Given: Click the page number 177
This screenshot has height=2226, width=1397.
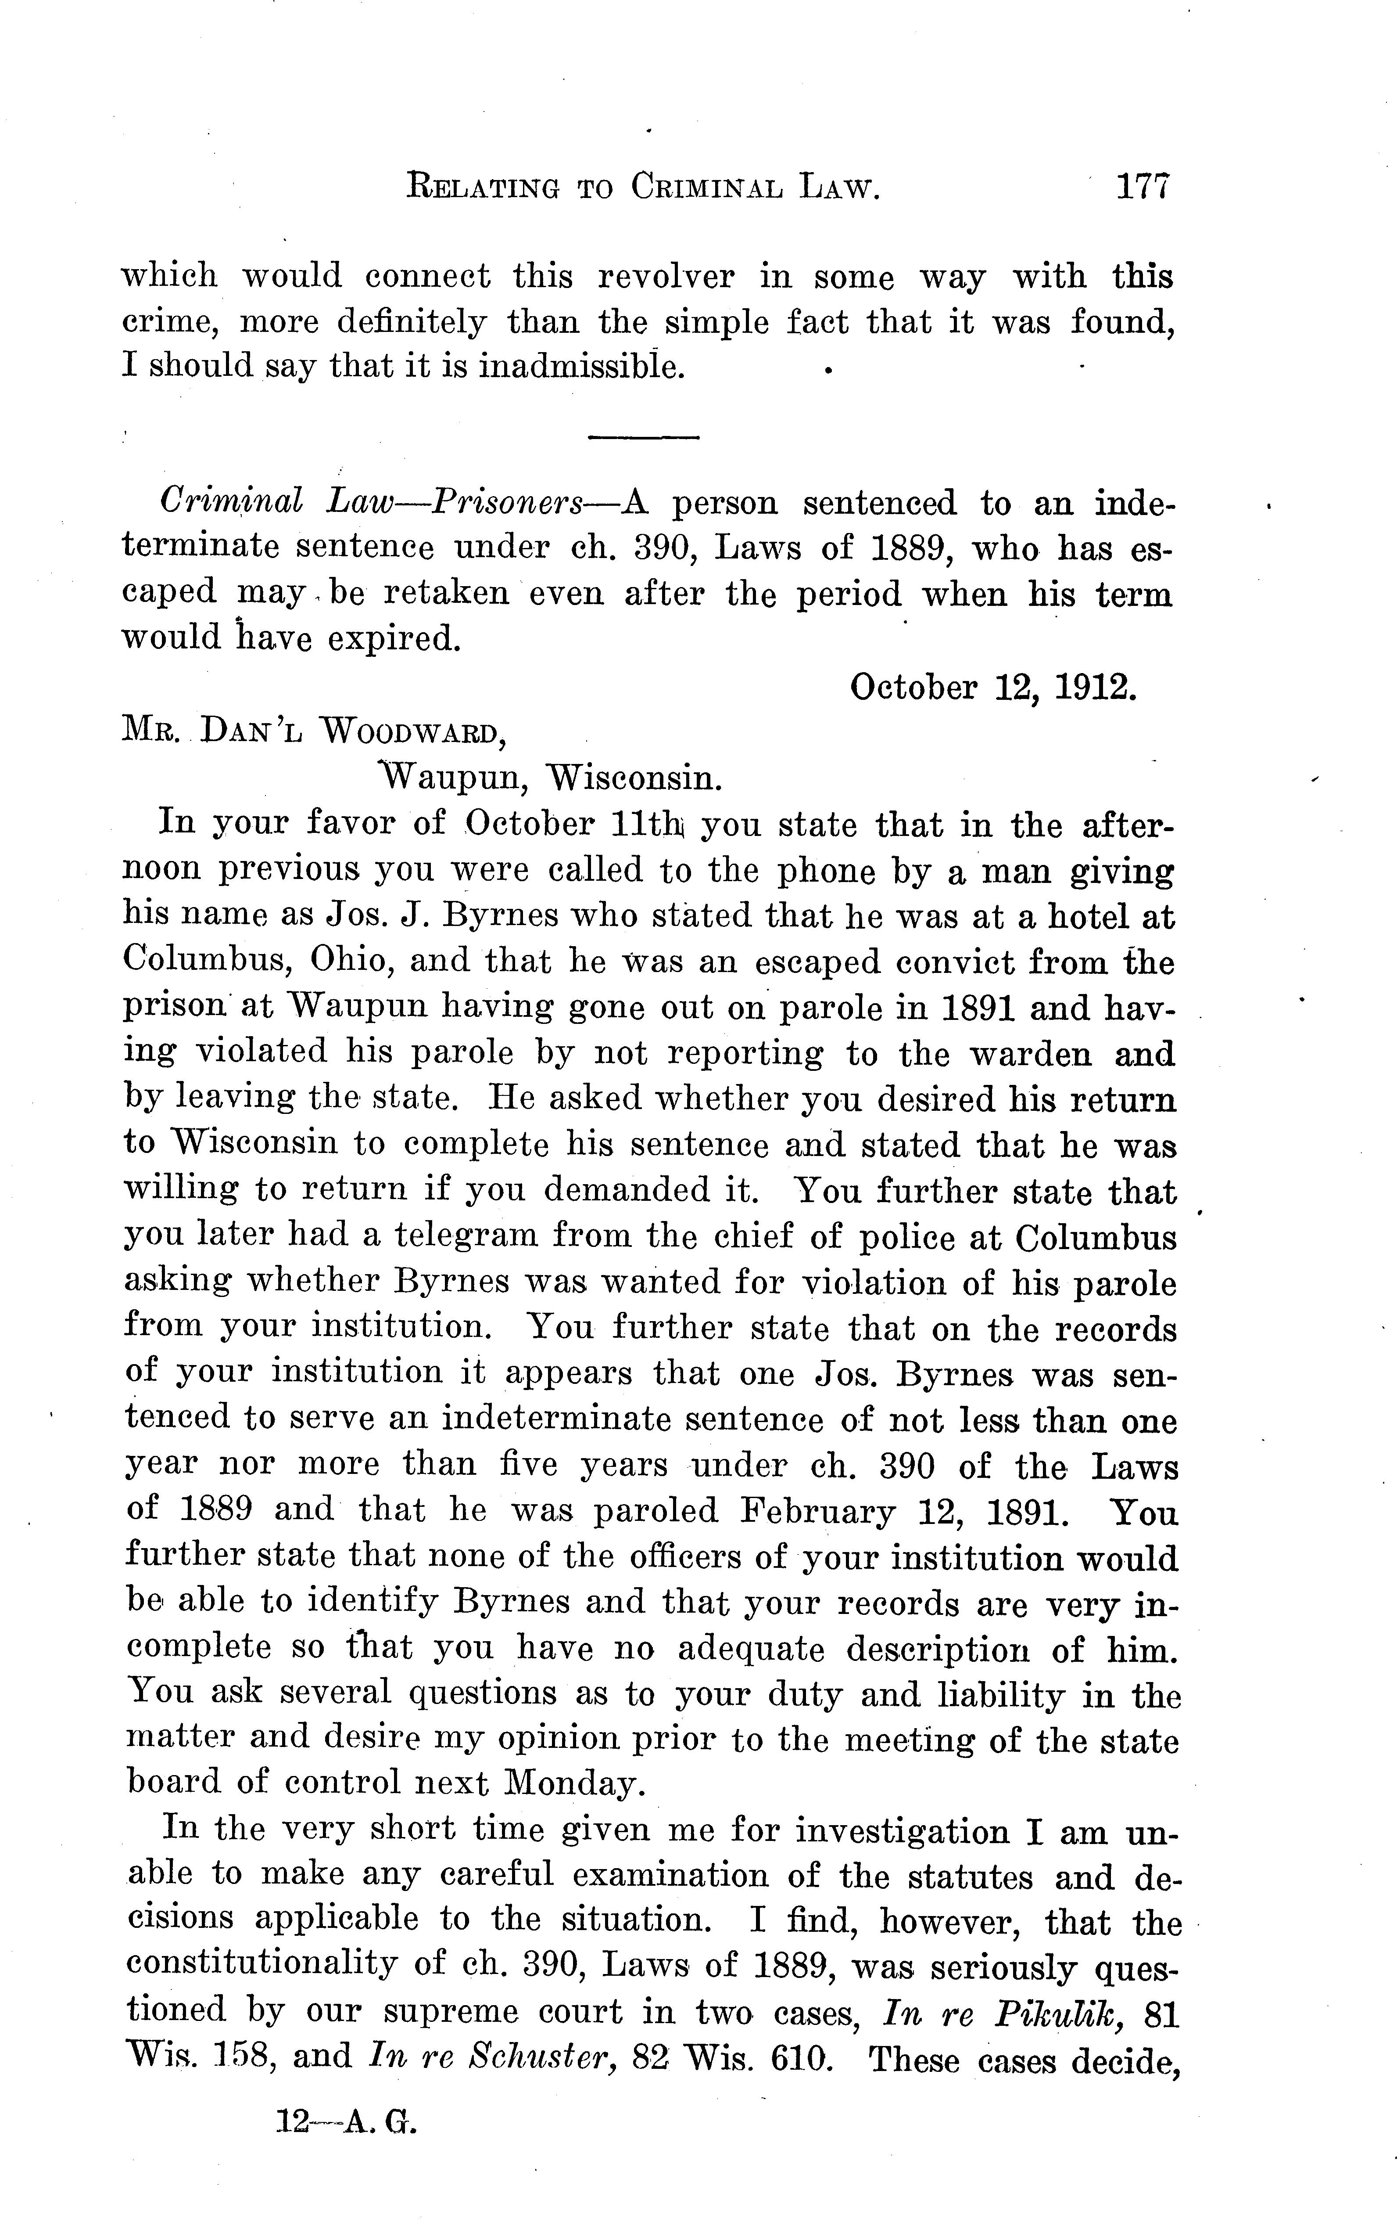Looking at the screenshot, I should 1143,189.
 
